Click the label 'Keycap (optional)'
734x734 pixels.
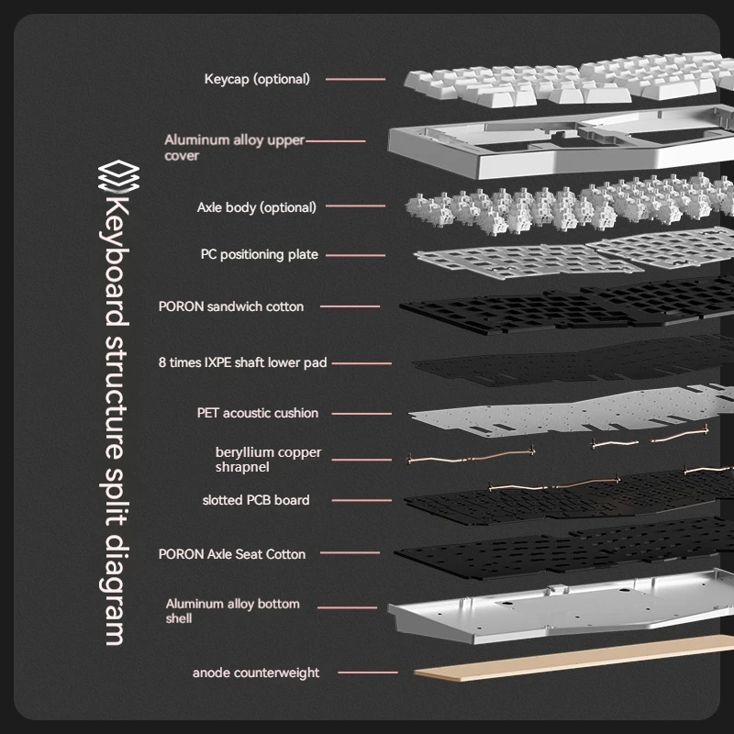(257, 79)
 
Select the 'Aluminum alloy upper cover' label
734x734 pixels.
(234, 148)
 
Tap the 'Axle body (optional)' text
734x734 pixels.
(256, 207)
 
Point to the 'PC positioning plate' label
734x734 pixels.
(260, 254)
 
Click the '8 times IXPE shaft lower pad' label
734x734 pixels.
(242, 362)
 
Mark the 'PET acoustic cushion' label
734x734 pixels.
(258, 413)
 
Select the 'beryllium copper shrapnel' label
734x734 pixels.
(256, 460)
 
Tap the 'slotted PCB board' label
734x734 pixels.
(256, 500)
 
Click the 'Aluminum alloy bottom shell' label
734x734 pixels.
(233, 611)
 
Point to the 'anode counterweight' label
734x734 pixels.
(256, 673)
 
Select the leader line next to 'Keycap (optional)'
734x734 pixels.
(355, 79)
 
